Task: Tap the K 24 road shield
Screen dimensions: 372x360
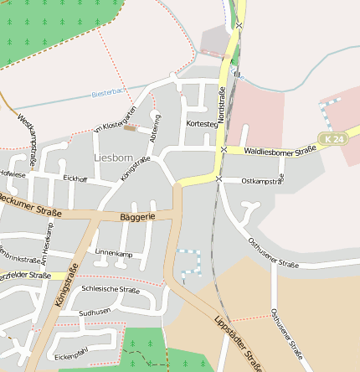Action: pyautogui.click(x=331, y=137)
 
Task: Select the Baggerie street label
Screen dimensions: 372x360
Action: pyautogui.click(x=138, y=217)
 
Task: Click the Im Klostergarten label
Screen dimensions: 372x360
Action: pyautogui.click(x=114, y=121)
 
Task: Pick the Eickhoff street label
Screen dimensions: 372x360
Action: pyautogui.click(x=75, y=178)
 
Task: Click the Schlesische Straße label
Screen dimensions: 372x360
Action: pyautogui.click(x=111, y=289)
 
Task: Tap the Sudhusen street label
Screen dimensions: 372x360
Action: pyautogui.click(x=94, y=312)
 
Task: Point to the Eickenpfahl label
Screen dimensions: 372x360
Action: pyautogui.click(x=70, y=355)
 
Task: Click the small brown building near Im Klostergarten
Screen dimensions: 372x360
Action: pyautogui.click(x=130, y=128)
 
